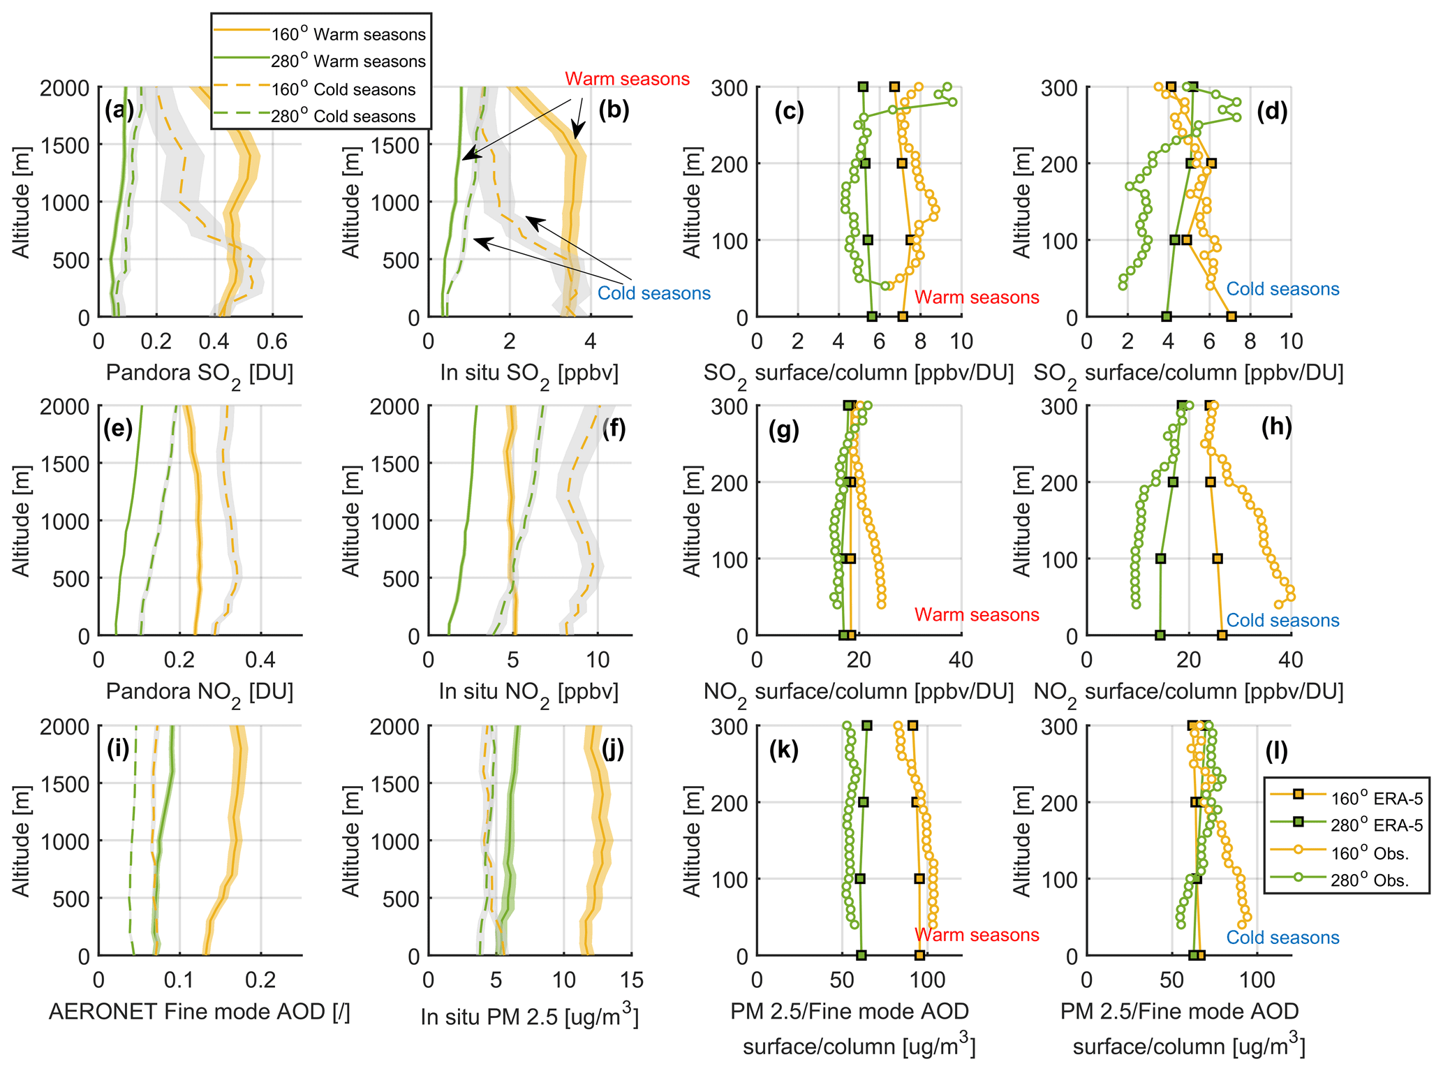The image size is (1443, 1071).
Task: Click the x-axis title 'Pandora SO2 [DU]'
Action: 200,374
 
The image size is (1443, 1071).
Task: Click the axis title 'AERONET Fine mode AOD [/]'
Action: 200,1011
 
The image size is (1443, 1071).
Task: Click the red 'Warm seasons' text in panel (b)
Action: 627,79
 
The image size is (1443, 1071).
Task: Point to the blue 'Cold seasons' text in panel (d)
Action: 1282,289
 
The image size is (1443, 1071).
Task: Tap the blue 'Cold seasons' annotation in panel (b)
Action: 653,293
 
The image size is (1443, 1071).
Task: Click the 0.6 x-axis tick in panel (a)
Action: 272,341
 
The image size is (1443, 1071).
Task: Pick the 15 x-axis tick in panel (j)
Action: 631,980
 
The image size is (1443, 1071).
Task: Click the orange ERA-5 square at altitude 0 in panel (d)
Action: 1231,317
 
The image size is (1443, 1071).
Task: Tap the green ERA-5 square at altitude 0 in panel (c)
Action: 872,317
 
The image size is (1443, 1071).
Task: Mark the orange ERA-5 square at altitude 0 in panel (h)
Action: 1222,635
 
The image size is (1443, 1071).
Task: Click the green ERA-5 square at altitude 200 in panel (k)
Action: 864,802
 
